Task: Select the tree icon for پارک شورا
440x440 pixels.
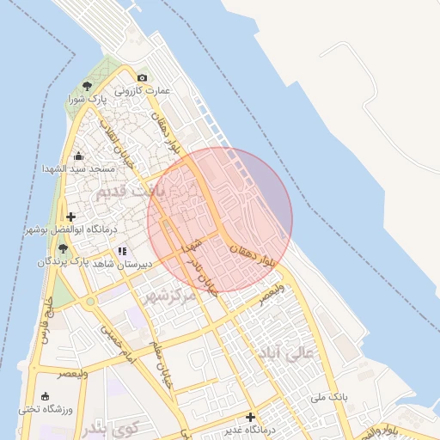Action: [x=88, y=85]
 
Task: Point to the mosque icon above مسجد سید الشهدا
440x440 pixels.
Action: [x=78, y=156]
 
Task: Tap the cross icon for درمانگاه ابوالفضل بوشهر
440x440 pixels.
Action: [x=70, y=217]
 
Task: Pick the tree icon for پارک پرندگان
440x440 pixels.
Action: [x=62, y=248]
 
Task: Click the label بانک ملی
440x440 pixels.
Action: [x=330, y=397]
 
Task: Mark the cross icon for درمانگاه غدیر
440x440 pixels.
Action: [x=251, y=418]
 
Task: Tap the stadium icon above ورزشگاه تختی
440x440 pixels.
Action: [x=44, y=395]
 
